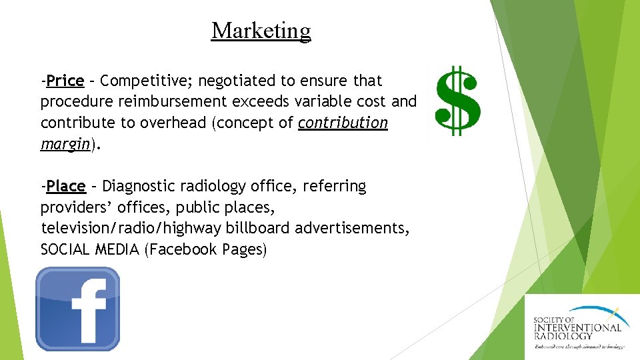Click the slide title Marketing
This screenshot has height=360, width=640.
click(x=261, y=31)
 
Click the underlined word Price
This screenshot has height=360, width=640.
click(x=65, y=81)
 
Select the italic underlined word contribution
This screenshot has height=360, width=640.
click(x=343, y=123)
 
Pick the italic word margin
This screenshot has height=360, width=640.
click(x=65, y=144)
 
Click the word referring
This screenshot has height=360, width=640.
click(x=334, y=186)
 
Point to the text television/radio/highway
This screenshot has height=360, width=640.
click(x=131, y=228)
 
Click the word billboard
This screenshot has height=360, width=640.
click(x=257, y=228)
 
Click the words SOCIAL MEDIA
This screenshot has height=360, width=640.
click(x=90, y=249)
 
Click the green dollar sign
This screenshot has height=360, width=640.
click(x=457, y=101)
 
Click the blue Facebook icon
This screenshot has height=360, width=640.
click(x=78, y=309)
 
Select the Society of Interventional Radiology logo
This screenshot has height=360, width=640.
click(x=578, y=327)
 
